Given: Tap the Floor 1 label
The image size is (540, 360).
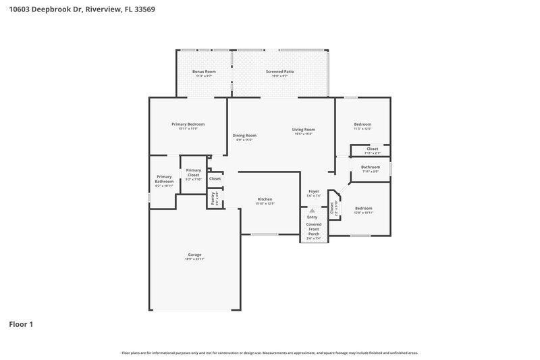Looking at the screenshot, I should click(21, 324).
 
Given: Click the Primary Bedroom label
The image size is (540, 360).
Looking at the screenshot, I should click(188, 125).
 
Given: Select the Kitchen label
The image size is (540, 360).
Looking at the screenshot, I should click(265, 200).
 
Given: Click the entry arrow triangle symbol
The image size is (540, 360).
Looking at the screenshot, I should click(312, 210).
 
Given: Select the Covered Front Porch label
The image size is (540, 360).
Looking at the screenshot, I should click(314, 228).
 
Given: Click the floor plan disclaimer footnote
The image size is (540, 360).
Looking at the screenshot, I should click(270, 353).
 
